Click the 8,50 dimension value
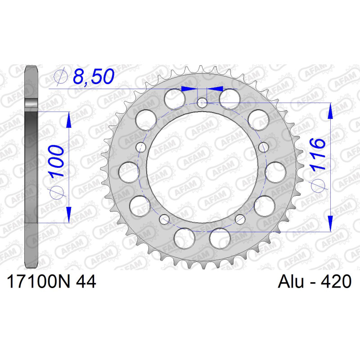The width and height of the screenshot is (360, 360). (x=94, y=76)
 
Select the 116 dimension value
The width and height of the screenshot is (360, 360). (x=318, y=154)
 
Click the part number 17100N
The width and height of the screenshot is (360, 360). (x=38, y=282)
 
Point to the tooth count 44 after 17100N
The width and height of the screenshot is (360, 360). (x=86, y=282)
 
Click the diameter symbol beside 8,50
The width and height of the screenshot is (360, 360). (x=61, y=76)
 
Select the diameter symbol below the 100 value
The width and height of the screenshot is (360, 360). (x=57, y=192)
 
